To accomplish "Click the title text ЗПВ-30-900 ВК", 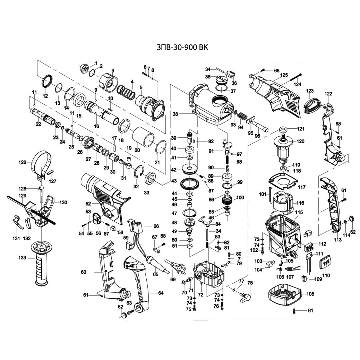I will (180, 48).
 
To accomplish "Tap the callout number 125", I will (284, 75).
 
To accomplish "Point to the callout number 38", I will (175, 114).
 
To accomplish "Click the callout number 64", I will (161, 293).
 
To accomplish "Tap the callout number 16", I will (96, 127).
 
